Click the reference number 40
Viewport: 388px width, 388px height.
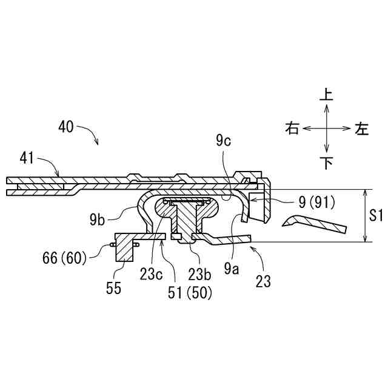pyautogui.click(x=66, y=127)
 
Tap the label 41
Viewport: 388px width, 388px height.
pyautogui.click(x=27, y=158)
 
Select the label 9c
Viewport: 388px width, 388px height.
pyautogui.click(x=224, y=141)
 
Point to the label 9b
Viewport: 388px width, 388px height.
pyautogui.click(x=97, y=219)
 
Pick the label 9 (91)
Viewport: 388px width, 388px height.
pyautogui.click(x=316, y=202)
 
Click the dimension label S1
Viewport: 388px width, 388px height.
pyautogui.click(x=376, y=215)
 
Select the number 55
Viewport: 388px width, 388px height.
pyautogui.click(x=113, y=288)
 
